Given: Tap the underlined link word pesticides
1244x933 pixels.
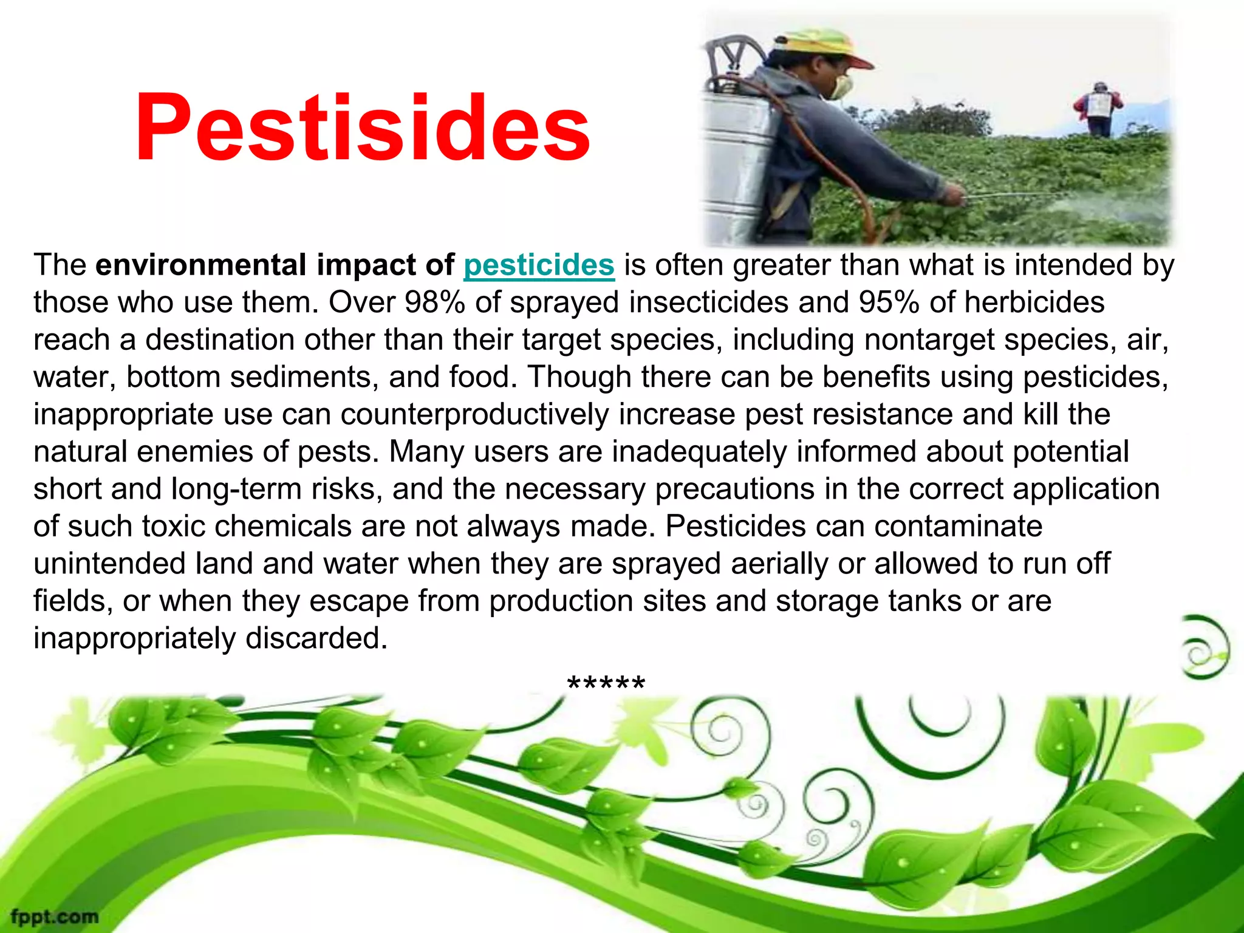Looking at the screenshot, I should click(x=539, y=265).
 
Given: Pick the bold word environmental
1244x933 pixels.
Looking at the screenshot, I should click(x=201, y=265).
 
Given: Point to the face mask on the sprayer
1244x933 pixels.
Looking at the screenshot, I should click(x=842, y=87).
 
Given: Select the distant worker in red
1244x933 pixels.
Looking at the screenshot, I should click(x=1099, y=109).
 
